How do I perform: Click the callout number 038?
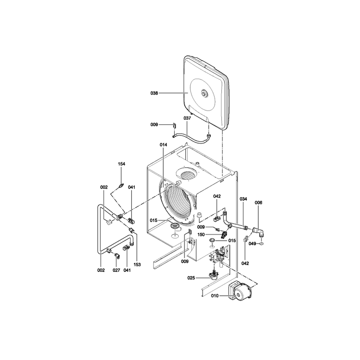154,93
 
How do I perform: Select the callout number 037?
187,118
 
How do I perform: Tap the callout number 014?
163,145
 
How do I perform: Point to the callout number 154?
121,164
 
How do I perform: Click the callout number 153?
137,265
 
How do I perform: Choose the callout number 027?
116,270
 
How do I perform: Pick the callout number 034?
243,199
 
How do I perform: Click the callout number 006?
258,203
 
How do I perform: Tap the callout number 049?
252,243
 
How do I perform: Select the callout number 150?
201,235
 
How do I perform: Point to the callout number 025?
191,278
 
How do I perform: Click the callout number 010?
215,296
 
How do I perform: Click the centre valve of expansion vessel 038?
204,93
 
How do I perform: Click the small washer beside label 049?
262,243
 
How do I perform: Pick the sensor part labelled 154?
121,185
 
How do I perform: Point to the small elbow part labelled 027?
117,256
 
